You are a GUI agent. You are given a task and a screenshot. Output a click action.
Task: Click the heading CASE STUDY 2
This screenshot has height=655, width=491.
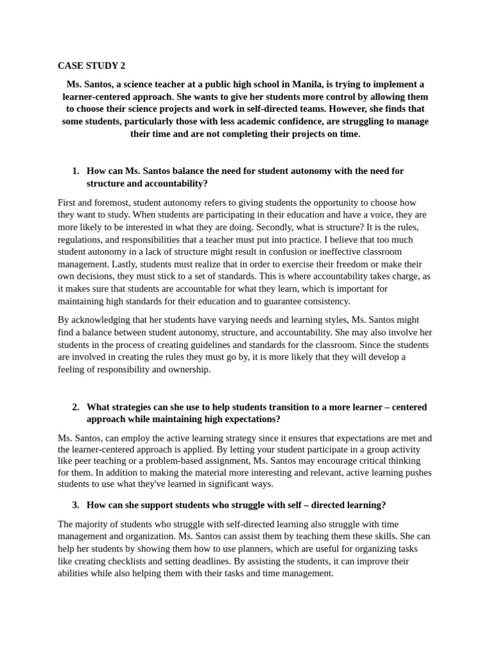tap(91, 66)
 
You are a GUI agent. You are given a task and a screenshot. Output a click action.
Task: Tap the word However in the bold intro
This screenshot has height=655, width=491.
tap(361, 109)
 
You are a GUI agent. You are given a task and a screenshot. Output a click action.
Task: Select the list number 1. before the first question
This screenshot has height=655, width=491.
tap(75, 171)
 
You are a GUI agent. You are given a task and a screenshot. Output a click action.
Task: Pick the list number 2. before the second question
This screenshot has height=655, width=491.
tap(75, 407)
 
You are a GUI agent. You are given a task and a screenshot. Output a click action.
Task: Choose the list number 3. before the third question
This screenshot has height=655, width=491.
tap(75, 505)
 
